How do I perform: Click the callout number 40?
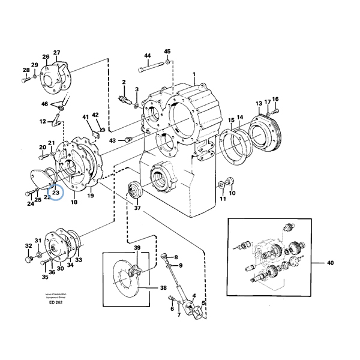[x=329, y=263]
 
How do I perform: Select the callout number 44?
[x=147, y=56]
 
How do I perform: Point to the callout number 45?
[x=167, y=52]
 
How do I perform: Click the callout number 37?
[x=137, y=209]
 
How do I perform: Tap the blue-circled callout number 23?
[x=55, y=193]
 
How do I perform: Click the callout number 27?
[x=57, y=53]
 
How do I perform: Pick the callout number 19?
[x=91, y=196]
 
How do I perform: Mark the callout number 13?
[x=259, y=104]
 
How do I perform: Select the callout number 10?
[x=233, y=193]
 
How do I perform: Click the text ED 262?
[x=56, y=302]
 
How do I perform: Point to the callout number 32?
[x=28, y=245]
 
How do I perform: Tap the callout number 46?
[x=44, y=104]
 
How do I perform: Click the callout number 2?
[x=124, y=82]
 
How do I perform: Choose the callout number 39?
[x=137, y=248]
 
